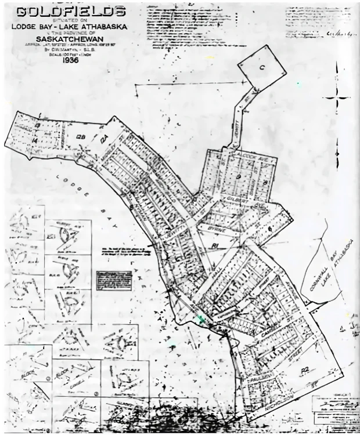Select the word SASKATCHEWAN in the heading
[70, 38]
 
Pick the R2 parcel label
[304, 369]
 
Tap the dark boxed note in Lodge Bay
[114, 280]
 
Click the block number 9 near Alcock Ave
[238, 176]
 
